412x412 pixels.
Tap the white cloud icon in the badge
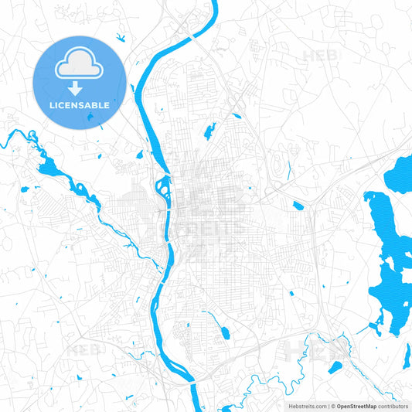coord(79,64)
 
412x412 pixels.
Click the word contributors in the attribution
coord(393,405)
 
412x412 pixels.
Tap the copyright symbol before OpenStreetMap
coord(333,405)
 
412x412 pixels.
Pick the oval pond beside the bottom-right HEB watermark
coord(335,367)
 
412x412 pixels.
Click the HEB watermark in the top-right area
coord(317,56)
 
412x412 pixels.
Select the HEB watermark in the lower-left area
coord(80,349)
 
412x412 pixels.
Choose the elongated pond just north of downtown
coord(209,131)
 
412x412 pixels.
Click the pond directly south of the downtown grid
coord(225,332)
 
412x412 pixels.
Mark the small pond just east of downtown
coord(298,206)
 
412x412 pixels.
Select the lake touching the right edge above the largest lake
coord(402,174)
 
